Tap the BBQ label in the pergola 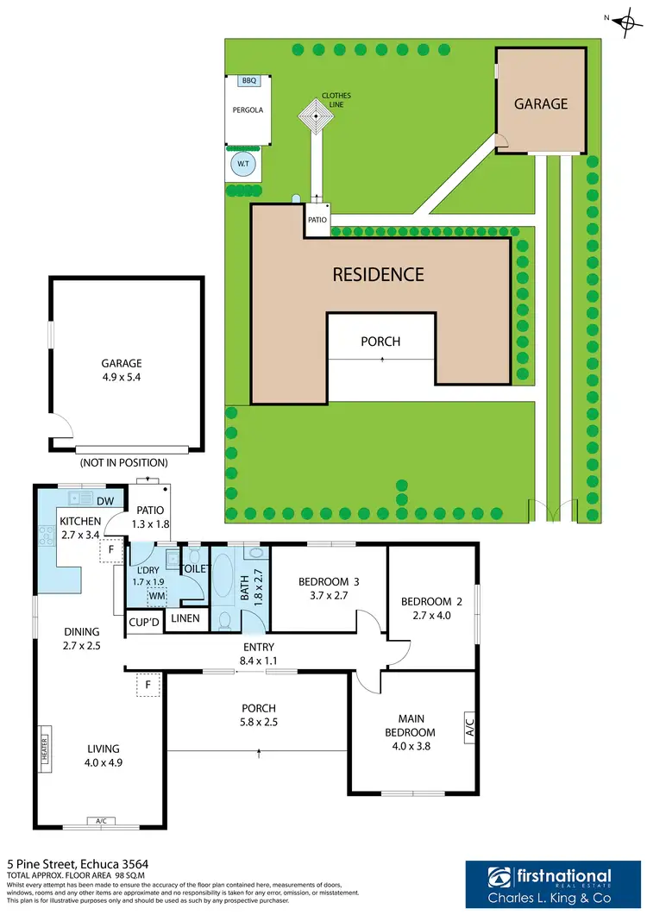[249, 80]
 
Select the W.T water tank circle [242, 163]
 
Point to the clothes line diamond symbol [316, 116]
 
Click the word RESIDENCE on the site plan [379, 275]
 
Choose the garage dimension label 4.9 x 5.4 [121, 376]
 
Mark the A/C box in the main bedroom [469, 726]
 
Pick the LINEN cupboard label [185, 618]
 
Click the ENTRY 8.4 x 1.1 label [259, 654]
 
